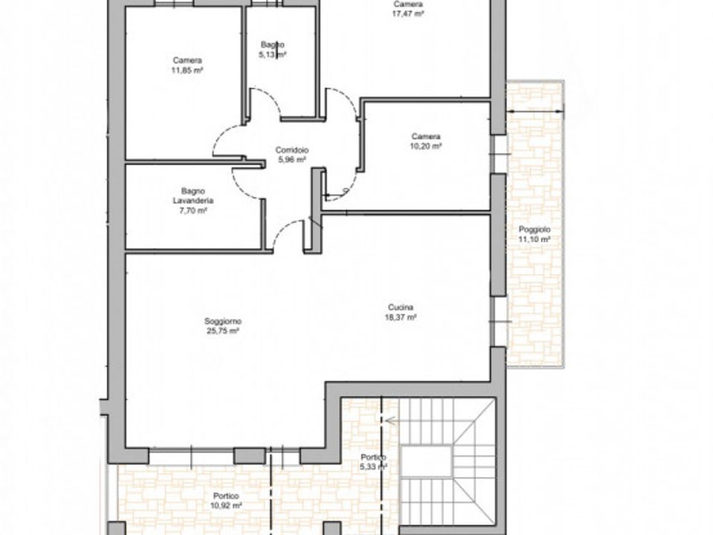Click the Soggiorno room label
coord(223,322)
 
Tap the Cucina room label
coord(400,307)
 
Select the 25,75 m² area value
coord(223,331)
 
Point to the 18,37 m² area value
coord(400,317)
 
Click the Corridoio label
coord(292,149)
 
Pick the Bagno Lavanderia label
coord(193,195)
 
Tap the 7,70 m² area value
coord(193,210)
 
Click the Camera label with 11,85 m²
coord(187,60)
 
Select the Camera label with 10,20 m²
coord(426,137)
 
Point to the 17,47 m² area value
coord(408,13)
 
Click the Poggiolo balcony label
coord(535,230)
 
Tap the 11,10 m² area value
coord(535,240)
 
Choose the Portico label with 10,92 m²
coord(226,496)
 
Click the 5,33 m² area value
coord(374,467)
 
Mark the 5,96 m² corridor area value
coord(292,160)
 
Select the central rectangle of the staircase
coord(426,461)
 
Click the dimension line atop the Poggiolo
coord(535,111)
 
